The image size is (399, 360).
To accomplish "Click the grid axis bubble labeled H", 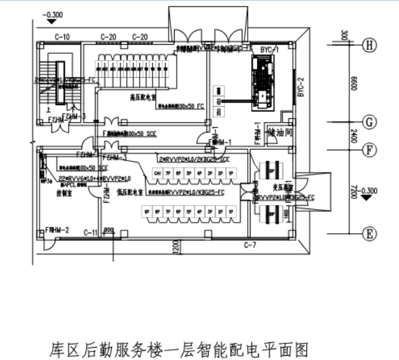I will [368, 45].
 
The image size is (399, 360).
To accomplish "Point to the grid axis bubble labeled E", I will [368, 234].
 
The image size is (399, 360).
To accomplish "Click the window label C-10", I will [62, 37].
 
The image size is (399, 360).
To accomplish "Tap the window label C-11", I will [90, 232].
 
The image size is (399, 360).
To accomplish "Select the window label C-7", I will [250, 246].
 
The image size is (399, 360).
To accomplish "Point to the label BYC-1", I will [270, 49].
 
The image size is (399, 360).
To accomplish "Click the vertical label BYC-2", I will [301, 86].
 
